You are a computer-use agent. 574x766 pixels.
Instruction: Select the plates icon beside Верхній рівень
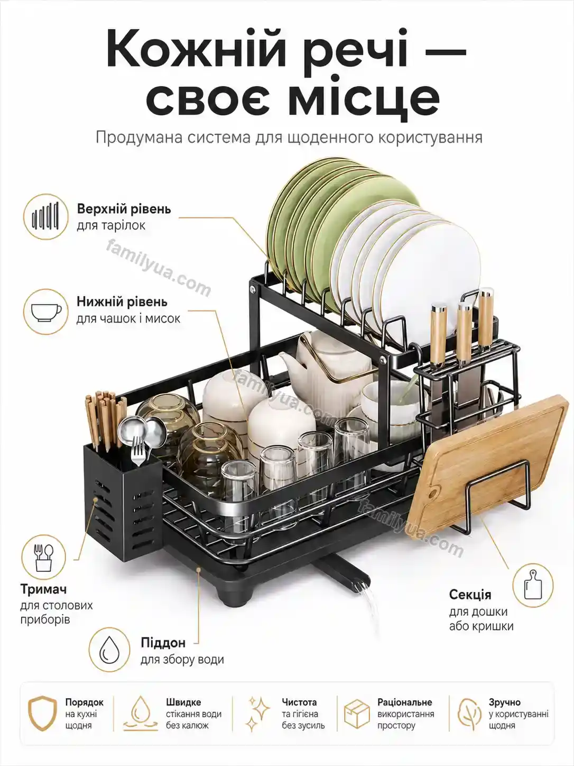45,216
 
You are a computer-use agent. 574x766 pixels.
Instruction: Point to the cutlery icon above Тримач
43,557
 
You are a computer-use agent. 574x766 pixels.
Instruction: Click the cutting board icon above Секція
533,585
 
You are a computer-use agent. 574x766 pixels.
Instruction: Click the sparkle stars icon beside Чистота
258,714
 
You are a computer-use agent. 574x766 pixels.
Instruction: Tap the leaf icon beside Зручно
469,714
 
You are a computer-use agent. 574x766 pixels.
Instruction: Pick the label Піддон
163,643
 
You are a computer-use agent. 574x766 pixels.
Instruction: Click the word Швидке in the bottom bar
183,702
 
